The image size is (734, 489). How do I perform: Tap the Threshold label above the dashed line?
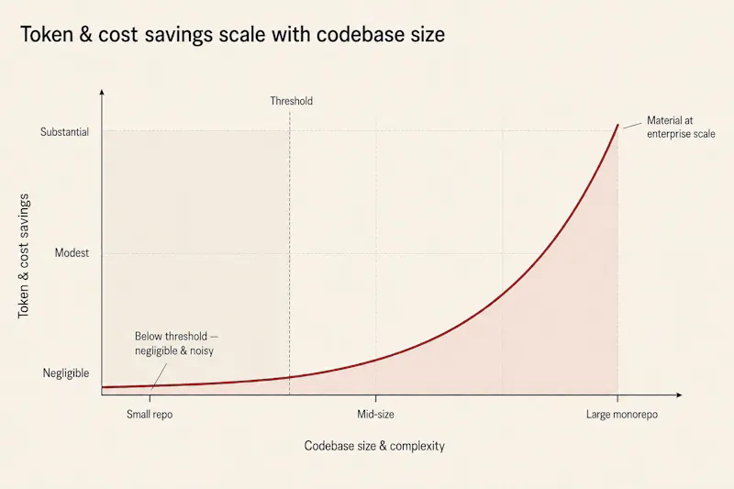[291, 101]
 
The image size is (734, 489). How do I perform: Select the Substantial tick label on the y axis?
[64, 132]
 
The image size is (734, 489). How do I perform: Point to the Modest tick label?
[72, 253]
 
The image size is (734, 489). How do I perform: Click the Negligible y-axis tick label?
[65, 373]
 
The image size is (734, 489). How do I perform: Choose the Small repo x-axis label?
[150, 415]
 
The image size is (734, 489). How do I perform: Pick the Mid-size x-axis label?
[375, 414]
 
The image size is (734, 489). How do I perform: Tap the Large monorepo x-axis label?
[622, 415]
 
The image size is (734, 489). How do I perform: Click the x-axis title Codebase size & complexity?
[374, 446]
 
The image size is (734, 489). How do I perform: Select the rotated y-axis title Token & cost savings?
[24, 256]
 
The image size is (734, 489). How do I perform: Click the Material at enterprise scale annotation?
[681, 128]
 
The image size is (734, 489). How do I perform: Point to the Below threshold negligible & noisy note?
[176, 343]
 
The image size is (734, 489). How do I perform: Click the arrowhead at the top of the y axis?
[102, 92]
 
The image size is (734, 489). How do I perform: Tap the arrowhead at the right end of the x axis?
[679, 395]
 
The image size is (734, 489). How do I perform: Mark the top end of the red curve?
[617, 125]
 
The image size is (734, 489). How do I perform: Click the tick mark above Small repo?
[150, 398]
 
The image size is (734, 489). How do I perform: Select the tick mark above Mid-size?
[375, 398]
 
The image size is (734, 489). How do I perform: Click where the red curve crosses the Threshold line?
[289, 377]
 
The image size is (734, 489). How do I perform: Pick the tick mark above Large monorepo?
[617, 398]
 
